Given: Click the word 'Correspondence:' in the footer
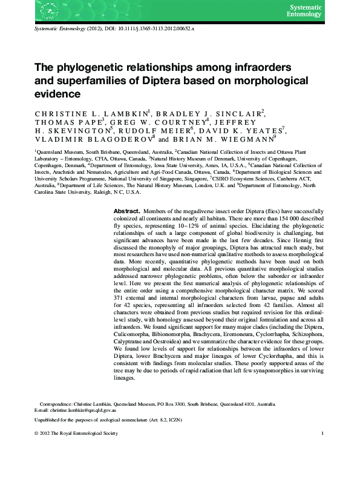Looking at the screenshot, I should click(58, 403).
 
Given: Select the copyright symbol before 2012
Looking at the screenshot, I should click(37, 434).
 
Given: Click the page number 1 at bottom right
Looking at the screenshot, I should click(324, 434).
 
